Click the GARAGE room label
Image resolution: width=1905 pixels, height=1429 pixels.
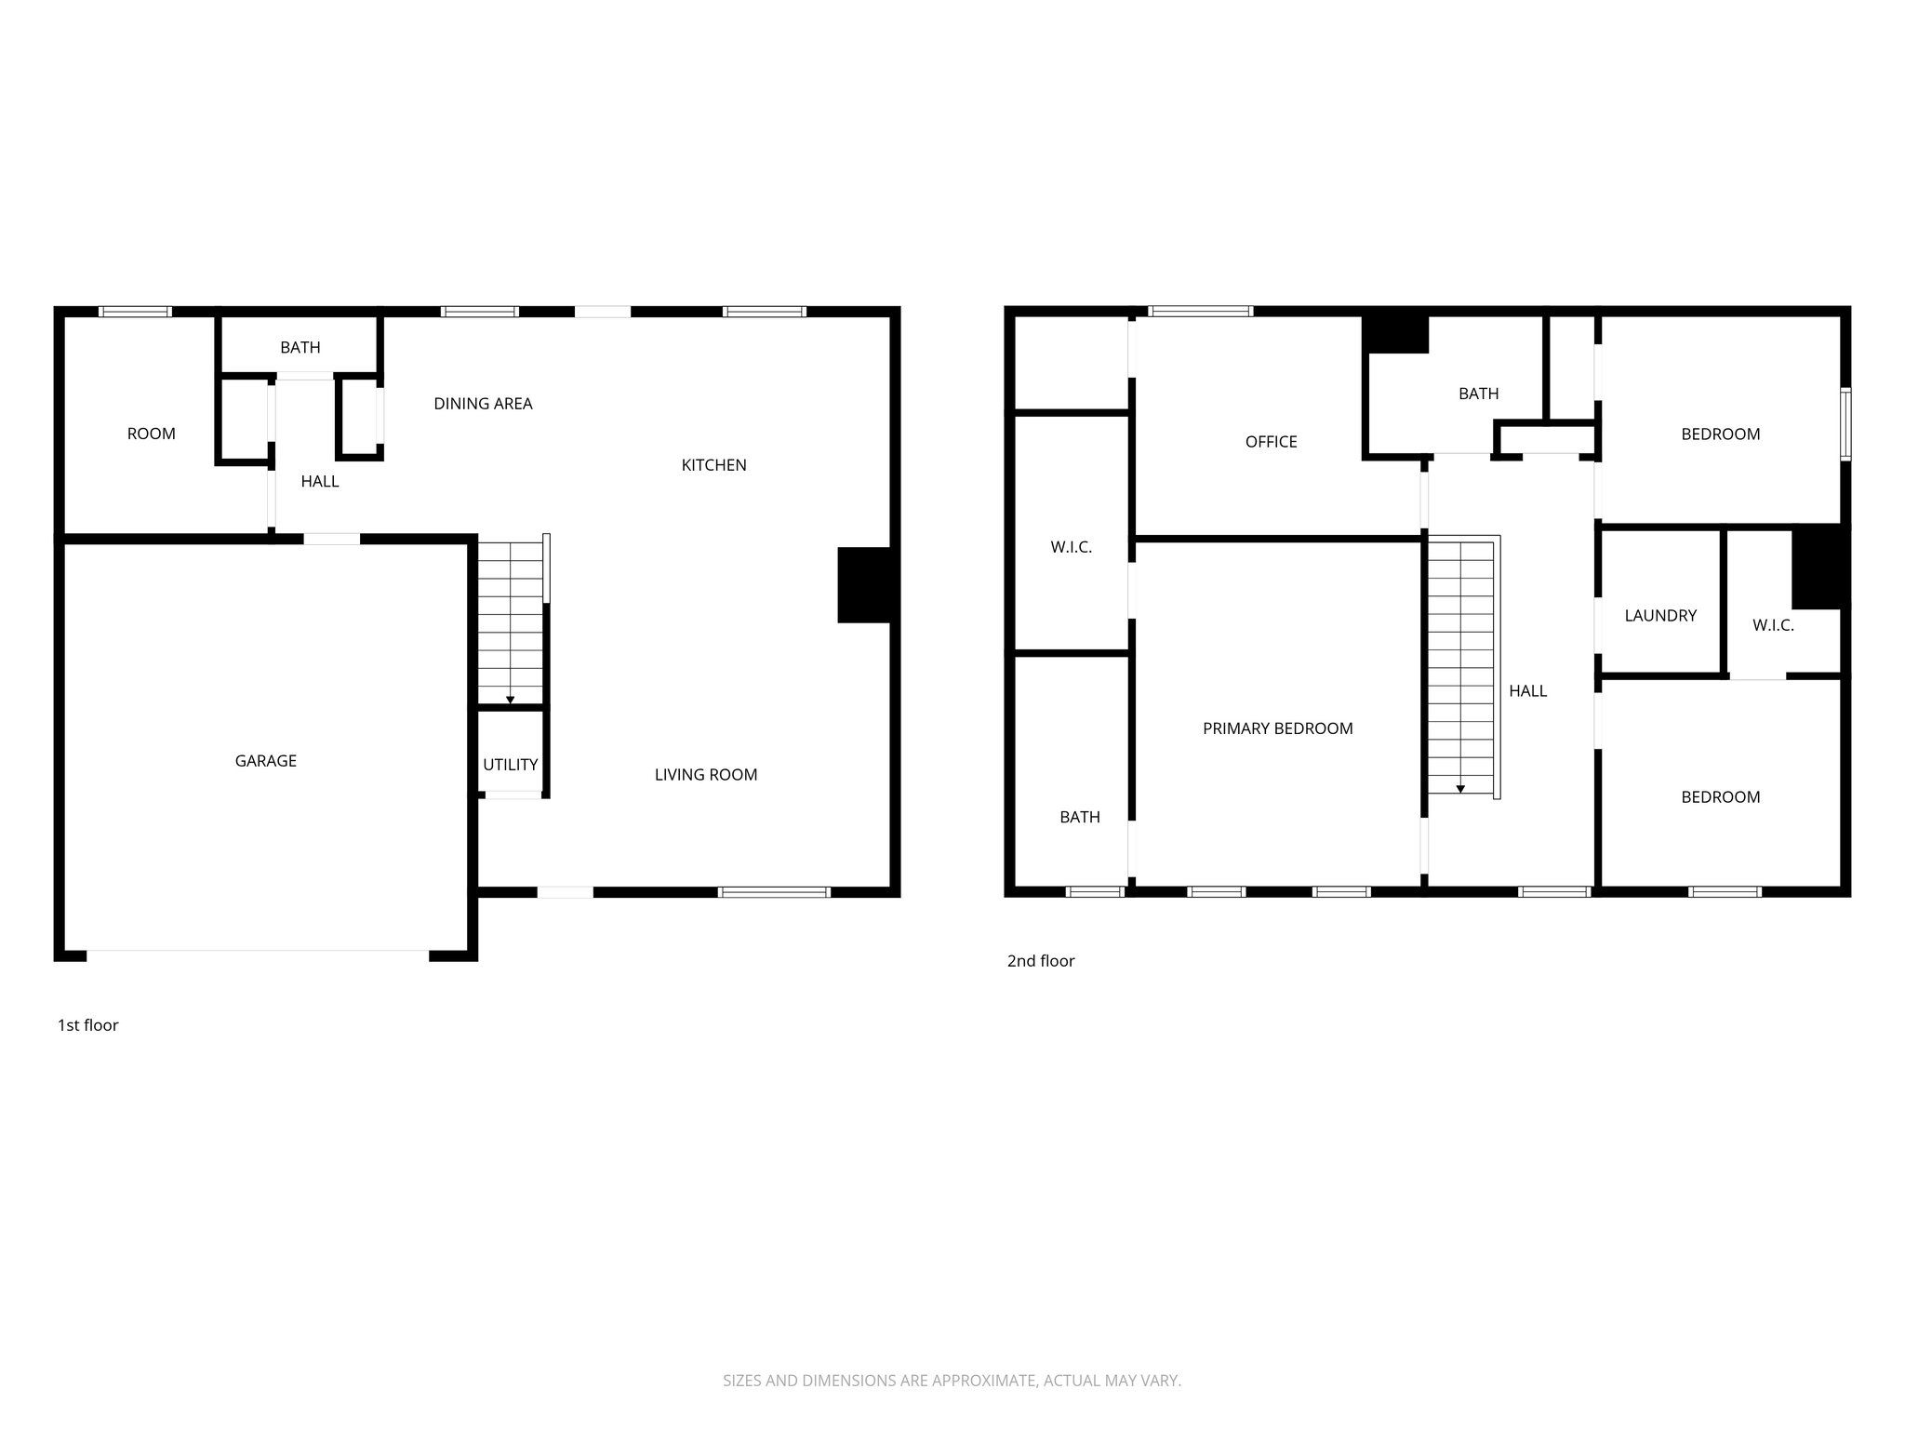pyautogui.click(x=265, y=761)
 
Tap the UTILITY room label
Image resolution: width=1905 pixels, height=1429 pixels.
pyautogui.click(x=510, y=765)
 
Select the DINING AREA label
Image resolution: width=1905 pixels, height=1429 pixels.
pyautogui.click(x=483, y=404)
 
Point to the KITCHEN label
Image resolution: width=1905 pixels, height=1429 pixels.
pyautogui.click(x=713, y=465)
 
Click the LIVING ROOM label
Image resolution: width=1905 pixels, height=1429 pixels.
pyautogui.click(x=705, y=775)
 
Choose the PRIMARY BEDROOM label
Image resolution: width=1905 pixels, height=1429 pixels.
pyautogui.click(x=1277, y=728)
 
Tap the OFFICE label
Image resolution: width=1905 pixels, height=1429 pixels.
pyautogui.click(x=1271, y=442)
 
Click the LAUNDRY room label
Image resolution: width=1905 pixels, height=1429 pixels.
pyautogui.click(x=1660, y=615)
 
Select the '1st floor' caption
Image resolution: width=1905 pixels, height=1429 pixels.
pyautogui.click(x=88, y=1025)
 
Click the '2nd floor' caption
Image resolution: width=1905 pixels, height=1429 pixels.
pyautogui.click(x=1040, y=961)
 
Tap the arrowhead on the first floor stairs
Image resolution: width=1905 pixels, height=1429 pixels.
pyautogui.click(x=510, y=699)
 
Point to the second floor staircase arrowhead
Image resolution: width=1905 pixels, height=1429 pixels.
pyautogui.click(x=1460, y=789)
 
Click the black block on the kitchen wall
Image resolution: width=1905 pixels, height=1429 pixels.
pyautogui.click(x=865, y=584)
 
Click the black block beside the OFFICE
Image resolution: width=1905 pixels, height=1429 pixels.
pyautogui.click(x=1395, y=335)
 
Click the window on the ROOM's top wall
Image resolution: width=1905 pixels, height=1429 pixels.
pyautogui.click(x=136, y=312)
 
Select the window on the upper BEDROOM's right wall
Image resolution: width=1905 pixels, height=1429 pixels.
pyautogui.click(x=1845, y=424)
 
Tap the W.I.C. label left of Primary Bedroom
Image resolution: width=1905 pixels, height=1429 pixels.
pyautogui.click(x=1071, y=548)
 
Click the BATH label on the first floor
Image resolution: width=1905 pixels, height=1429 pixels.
pyautogui.click(x=300, y=348)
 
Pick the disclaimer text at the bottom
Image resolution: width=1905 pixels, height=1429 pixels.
pyautogui.click(x=952, y=1381)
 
